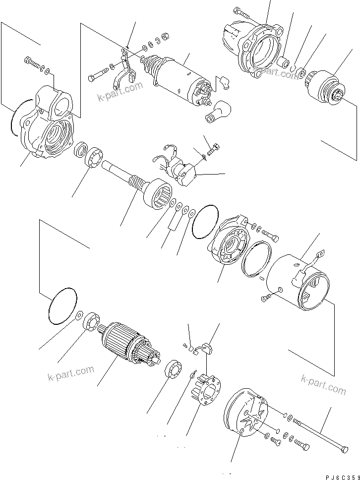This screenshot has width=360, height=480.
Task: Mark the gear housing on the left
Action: point(50,126)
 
